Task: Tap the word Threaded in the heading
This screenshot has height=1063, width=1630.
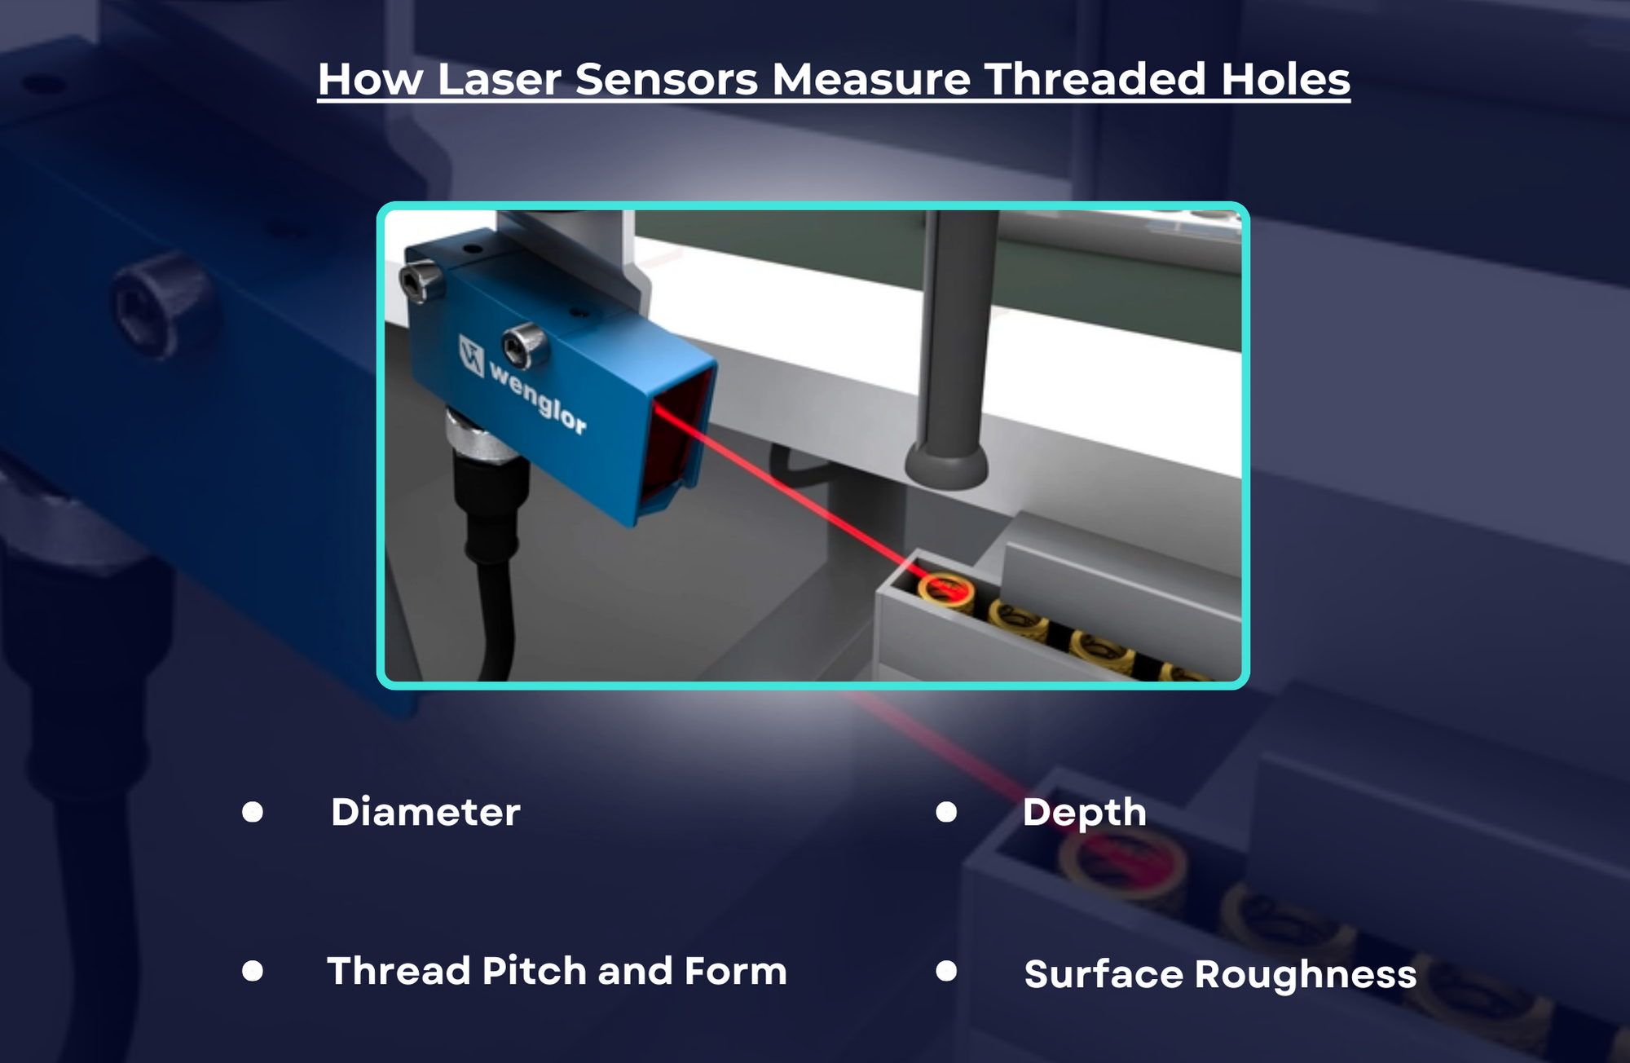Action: tap(1095, 80)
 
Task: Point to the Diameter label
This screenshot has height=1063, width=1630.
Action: tap(425, 812)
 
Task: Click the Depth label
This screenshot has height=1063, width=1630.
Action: tap(1084, 812)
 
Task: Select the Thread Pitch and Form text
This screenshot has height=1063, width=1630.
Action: tap(557, 971)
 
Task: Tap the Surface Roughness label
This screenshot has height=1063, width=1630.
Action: tap(1220, 974)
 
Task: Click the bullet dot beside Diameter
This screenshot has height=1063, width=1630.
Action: tap(253, 812)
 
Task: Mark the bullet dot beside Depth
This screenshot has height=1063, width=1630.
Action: tap(946, 812)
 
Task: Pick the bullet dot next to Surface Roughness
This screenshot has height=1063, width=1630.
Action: tap(946, 971)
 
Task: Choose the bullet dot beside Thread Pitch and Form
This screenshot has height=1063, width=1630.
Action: tap(253, 971)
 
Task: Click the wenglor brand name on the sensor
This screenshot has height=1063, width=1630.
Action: tap(538, 399)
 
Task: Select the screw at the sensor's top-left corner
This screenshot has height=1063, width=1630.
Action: tap(421, 280)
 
